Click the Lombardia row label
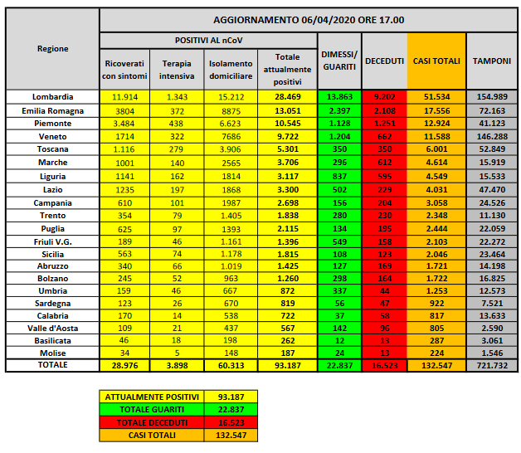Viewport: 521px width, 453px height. tap(52, 97)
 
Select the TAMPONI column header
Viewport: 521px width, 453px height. tap(491, 61)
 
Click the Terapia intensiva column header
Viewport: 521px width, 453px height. tap(176, 70)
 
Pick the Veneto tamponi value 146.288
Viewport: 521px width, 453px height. tap(491, 135)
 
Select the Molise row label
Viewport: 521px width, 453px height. tap(52, 352)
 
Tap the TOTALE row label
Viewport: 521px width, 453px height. tap(52, 365)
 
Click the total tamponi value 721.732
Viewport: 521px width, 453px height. tap(491, 365)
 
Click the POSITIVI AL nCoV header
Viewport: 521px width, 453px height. tap(208, 40)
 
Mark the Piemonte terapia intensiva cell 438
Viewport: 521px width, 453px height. tap(176, 123)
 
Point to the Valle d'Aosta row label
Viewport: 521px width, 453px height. tap(52, 327)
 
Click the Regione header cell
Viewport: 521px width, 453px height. tap(52, 49)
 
